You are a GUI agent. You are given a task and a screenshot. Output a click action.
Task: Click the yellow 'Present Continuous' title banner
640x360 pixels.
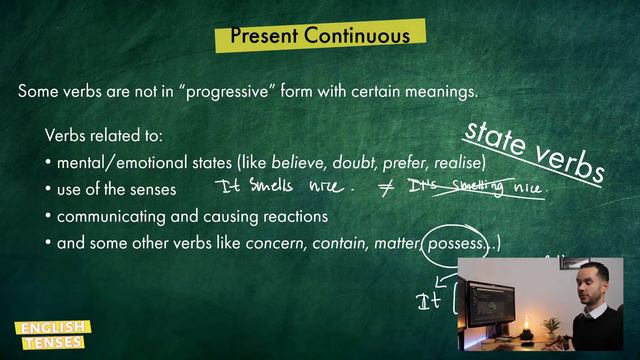coord(319,36)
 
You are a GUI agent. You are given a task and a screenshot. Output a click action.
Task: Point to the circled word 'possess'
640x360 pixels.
coord(454,243)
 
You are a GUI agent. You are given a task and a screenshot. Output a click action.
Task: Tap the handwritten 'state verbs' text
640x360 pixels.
coord(533,150)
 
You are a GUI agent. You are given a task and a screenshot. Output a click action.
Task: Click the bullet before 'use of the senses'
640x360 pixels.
coord(49,189)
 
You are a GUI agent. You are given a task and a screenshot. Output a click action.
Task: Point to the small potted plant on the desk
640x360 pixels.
coord(550,326)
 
